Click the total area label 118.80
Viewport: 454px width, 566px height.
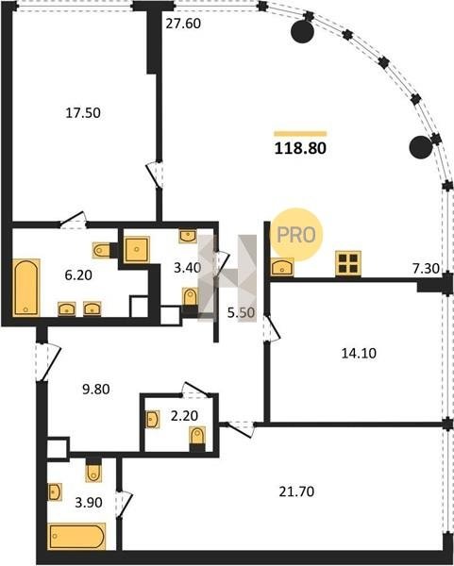point(300,148)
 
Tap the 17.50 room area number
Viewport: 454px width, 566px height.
point(83,113)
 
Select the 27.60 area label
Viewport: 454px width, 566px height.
point(183,24)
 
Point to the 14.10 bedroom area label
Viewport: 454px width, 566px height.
point(359,353)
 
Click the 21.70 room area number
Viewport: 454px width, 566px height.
point(296,491)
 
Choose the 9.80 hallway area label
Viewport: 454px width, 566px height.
point(96,390)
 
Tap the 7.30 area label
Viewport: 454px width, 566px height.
point(427,268)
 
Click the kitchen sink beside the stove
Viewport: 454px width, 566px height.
point(281,267)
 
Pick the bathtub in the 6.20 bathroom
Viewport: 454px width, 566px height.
point(26,288)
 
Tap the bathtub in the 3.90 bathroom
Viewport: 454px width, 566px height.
point(76,536)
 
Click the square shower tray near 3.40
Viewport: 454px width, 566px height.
point(137,249)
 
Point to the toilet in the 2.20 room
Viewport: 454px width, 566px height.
point(197,439)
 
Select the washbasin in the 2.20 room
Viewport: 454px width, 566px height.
point(152,419)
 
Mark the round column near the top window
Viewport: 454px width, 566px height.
point(303,31)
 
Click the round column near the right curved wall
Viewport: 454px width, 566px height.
point(421,147)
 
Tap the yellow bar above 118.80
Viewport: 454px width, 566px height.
point(300,134)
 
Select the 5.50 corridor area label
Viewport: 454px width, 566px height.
point(242,312)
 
